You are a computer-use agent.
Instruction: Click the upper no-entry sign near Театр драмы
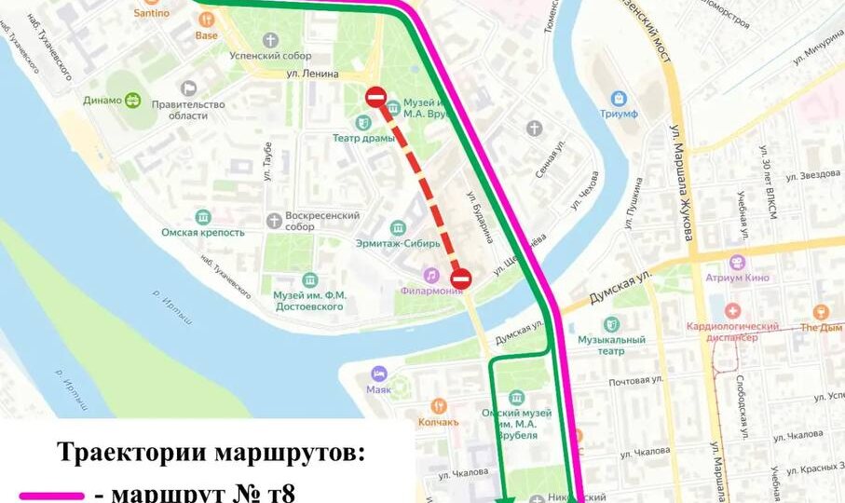[x=376, y=97]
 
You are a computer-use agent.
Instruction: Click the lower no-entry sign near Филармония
[x=461, y=279]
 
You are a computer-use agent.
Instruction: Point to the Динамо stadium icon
[x=133, y=101]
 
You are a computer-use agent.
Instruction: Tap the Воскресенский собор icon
[x=274, y=221]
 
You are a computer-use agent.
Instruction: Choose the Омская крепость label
[x=202, y=233]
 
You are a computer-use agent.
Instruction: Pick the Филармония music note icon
[x=430, y=275]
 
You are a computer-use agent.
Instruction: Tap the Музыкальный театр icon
[x=611, y=324]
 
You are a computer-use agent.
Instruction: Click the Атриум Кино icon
[x=738, y=263]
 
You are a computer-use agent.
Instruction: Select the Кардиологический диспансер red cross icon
[x=733, y=309]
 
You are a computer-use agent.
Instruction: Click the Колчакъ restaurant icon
[x=439, y=406]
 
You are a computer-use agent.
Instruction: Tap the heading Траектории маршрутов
[x=212, y=453]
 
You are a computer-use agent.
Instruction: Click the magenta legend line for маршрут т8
[x=57, y=493]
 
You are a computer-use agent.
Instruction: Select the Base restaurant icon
[x=207, y=19]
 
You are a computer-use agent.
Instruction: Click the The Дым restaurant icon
[x=821, y=312]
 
